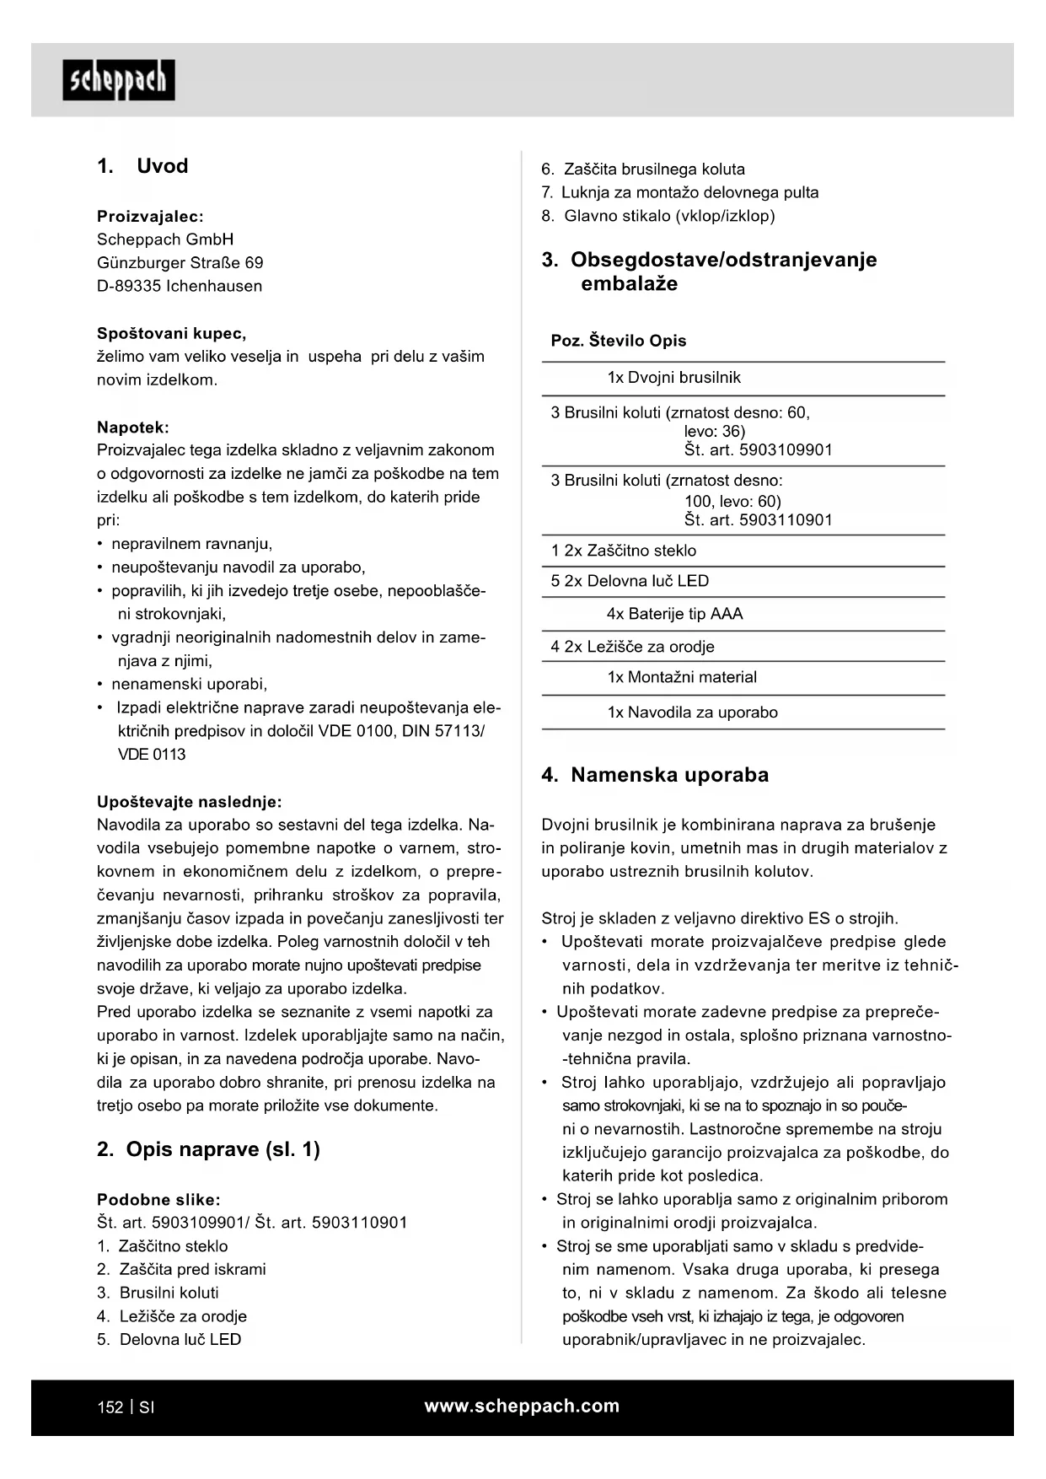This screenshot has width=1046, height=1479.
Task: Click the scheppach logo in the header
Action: (119, 81)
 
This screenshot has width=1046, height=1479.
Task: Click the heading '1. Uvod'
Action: (142, 166)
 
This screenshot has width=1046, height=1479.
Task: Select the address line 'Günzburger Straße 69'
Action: (180, 262)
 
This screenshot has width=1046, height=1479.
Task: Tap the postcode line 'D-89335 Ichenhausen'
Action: (180, 286)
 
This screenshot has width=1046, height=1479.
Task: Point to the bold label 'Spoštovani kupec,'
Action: (172, 333)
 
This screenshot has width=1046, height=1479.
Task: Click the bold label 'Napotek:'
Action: (133, 428)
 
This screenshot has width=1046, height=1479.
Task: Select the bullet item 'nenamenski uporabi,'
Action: (189, 684)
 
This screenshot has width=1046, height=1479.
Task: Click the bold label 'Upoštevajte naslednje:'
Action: (190, 802)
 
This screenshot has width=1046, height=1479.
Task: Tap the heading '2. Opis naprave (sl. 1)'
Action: (208, 1149)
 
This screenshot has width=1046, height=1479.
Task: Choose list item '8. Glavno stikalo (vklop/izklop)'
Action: (658, 216)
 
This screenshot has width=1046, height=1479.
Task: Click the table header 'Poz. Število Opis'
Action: (619, 341)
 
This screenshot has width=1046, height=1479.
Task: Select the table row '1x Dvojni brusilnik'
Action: (673, 378)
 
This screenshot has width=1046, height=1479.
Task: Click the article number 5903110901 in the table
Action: (786, 520)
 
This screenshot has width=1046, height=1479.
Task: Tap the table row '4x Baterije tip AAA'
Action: (674, 614)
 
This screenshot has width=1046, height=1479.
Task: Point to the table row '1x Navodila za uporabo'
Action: (692, 713)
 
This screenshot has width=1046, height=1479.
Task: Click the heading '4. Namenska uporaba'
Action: (655, 775)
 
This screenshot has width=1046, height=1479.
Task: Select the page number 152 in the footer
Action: (110, 1407)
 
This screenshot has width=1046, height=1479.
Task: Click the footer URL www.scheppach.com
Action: (522, 1406)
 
